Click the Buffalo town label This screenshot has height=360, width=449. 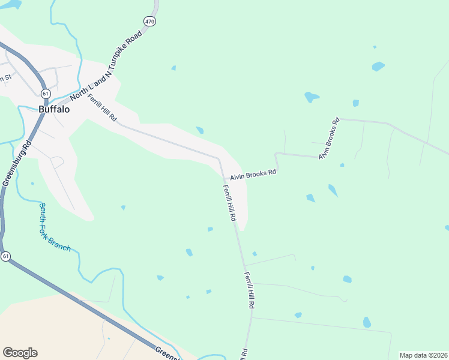54,110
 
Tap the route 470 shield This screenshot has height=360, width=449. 149,21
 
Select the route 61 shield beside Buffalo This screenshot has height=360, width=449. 46,94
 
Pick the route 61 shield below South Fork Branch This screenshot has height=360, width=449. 5,256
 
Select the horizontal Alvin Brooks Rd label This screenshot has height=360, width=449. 253,174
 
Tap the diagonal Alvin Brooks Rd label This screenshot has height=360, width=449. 329,138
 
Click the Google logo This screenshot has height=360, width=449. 20,353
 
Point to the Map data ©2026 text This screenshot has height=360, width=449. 423,355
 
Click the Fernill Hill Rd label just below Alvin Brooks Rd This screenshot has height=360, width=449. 229,203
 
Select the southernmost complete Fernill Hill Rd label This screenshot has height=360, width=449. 250,290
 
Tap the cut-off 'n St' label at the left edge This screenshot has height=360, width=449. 5,77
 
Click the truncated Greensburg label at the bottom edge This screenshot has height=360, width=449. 168,354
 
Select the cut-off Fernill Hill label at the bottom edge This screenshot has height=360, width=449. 244,354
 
